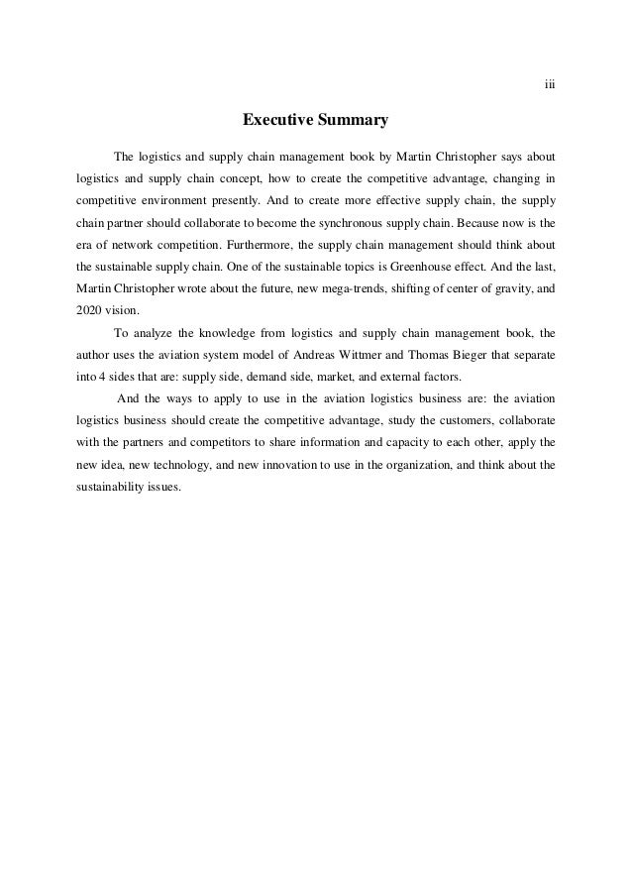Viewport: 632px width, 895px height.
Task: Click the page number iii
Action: click(550, 83)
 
